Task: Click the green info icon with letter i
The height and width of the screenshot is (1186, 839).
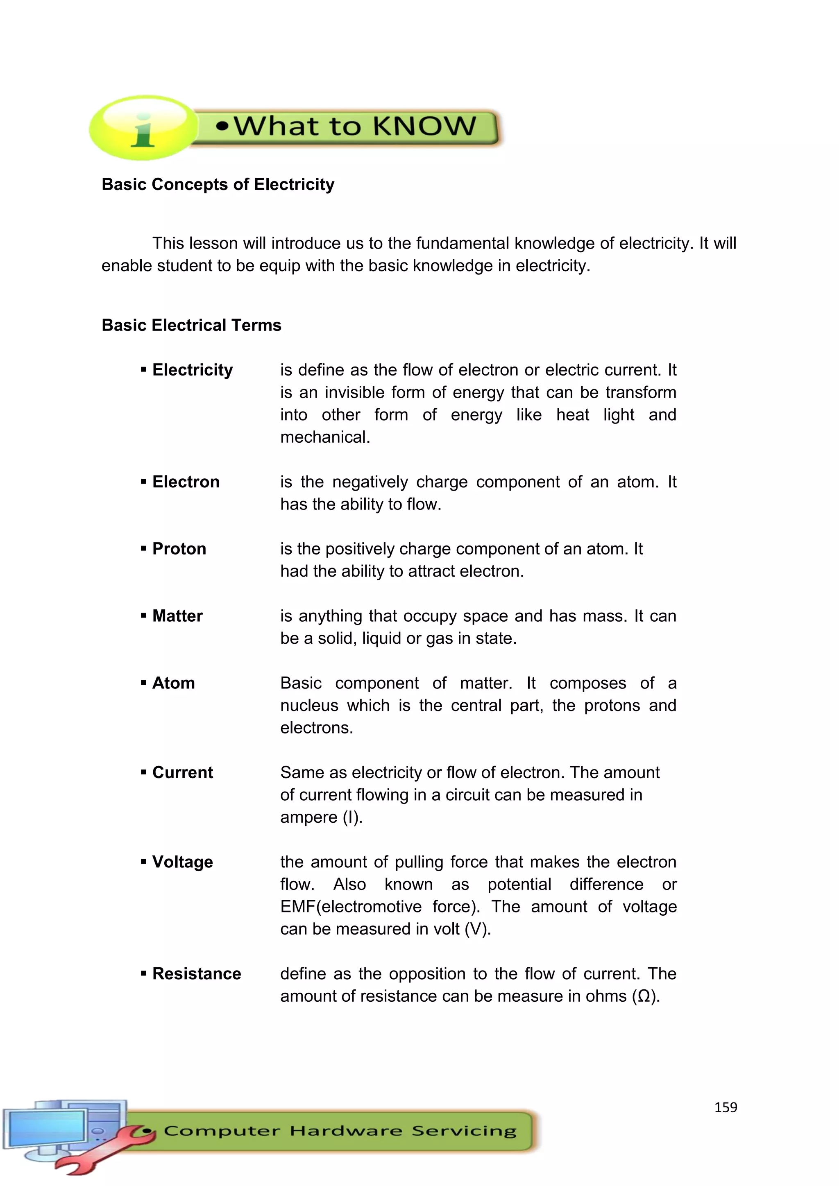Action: click(x=143, y=127)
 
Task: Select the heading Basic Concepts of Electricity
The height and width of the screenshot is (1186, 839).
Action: click(x=218, y=184)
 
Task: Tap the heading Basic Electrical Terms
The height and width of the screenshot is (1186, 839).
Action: click(x=191, y=325)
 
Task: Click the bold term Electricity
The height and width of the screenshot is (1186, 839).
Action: click(x=192, y=370)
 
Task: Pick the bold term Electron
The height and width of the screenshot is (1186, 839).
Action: click(x=186, y=482)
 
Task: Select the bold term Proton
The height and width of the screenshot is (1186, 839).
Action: click(x=179, y=549)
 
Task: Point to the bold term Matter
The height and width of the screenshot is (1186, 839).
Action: click(x=177, y=616)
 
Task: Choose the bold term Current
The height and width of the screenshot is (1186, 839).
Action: click(x=182, y=772)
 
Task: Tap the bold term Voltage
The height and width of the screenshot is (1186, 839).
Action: click(x=182, y=862)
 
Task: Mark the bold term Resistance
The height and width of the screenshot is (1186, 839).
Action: click(x=196, y=974)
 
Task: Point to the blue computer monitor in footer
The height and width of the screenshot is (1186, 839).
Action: click(x=46, y=1129)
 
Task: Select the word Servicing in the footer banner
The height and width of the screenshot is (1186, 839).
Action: click(x=464, y=1131)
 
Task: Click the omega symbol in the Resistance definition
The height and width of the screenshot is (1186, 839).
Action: click(x=644, y=996)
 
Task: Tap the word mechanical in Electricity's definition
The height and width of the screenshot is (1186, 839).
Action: click(x=324, y=437)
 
